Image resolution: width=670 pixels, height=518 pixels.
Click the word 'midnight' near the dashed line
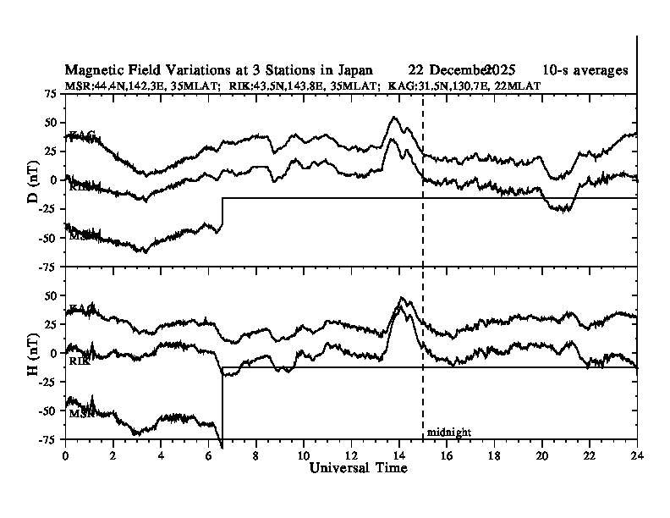point(448,433)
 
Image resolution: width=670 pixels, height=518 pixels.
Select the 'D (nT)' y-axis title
point(33,180)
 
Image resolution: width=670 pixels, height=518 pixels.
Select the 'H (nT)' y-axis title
point(33,353)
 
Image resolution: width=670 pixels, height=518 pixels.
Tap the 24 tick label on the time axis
point(637,455)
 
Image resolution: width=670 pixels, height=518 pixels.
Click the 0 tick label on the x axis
point(65,455)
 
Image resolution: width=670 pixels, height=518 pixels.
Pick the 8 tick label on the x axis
point(256,455)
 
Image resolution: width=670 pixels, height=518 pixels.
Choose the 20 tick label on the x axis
point(542,455)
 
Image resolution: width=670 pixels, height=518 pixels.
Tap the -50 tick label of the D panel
point(49,238)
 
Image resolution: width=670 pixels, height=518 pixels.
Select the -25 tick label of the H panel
point(49,383)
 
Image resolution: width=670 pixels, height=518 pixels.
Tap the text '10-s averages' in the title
point(585,70)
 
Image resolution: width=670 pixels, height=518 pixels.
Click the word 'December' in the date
point(459,70)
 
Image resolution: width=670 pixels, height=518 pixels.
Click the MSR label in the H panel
point(80,413)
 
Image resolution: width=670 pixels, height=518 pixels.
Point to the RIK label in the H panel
point(80,361)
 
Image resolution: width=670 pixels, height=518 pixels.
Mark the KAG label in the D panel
point(81,135)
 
